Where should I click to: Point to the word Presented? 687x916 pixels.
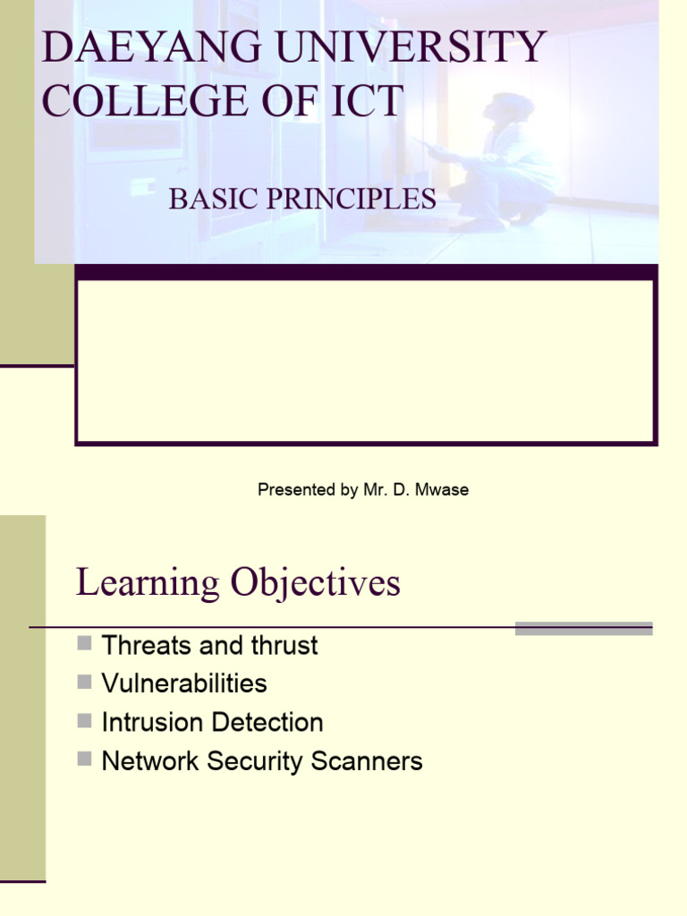(295, 489)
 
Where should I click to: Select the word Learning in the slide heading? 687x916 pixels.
(148, 583)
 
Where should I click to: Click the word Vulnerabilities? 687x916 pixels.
(184, 683)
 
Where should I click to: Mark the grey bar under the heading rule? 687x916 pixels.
(583, 629)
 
